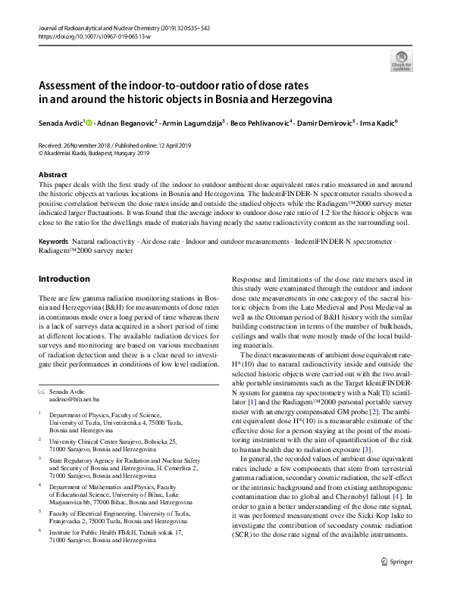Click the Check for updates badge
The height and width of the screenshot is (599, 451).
pos(402,60)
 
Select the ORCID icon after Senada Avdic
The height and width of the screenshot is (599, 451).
pos(90,122)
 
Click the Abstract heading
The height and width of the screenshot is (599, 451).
pos(53,174)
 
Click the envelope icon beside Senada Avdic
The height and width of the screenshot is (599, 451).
pos(42,390)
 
